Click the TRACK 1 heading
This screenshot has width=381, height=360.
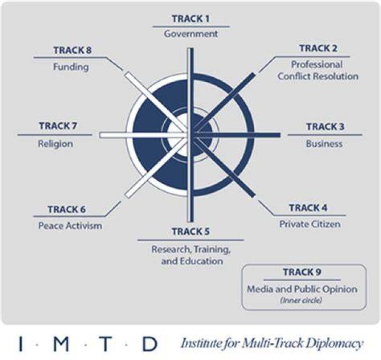tap(190, 19)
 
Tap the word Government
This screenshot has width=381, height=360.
tap(190, 34)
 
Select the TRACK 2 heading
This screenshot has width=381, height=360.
tap(319, 48)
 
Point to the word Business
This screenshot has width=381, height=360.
tap(324, 144)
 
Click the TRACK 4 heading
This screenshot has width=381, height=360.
tap(308, 208)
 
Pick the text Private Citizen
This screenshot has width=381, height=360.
tap(310, 224)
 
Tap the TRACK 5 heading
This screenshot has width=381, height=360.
tap(190, 232)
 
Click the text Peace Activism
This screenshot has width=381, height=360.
tap(70, 226)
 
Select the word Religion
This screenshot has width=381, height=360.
tap(56, 144)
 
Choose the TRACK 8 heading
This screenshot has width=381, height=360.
tap(72, 50)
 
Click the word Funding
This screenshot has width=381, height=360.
tap(71, 67)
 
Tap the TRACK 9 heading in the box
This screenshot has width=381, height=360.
tap(302, 272)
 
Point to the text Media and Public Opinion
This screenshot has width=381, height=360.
tap(302, 289)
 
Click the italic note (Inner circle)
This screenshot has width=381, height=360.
tap(301, 300)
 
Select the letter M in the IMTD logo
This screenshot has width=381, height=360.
tap(61, 344)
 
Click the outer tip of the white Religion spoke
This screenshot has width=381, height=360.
tap(99, 135)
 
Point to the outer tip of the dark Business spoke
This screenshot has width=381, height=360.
tap(280, 135)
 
